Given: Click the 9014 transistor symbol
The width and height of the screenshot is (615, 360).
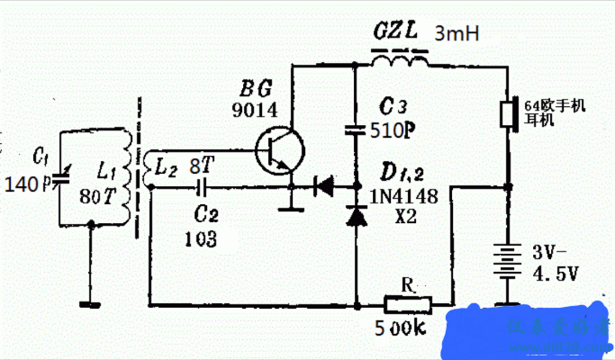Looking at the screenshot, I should (274, 151).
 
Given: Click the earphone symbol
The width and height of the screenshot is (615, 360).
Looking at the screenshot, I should (509, 114).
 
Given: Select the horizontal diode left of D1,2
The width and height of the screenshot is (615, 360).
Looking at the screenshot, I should (323, 187).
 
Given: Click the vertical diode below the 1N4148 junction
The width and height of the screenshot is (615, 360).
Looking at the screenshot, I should (358, 216).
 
